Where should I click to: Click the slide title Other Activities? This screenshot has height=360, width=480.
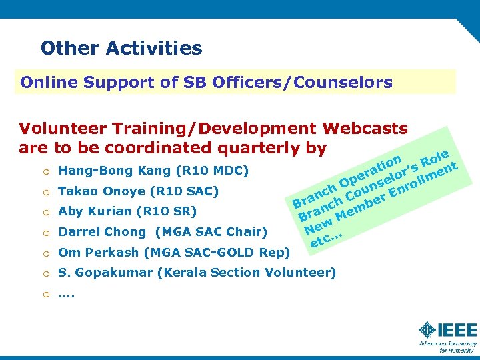pyautogui.click(x=121, y=48)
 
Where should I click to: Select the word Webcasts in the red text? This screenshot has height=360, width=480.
pyautogui.click(x=365, y=128)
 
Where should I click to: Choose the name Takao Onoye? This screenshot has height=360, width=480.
pyautogui.click(x=101, y=191)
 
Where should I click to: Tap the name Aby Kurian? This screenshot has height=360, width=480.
pyautogui.click(x=94, y=212)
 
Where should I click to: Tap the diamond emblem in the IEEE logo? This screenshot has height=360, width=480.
pyautogui.click(x=427, y=330)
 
